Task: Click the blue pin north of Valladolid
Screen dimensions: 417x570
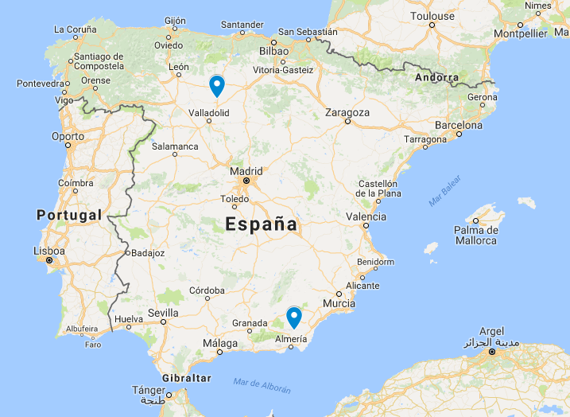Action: tap(216, 85)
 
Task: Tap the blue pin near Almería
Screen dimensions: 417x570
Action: tap(294, 317)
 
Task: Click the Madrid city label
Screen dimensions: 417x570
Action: tap(246, 171)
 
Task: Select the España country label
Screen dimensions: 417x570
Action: tap(261, 224)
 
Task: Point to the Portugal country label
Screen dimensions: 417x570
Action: tap(69, 215)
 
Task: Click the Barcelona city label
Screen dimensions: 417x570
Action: tap(458, 125)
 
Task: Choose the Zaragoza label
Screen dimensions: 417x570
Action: tap(347, 112)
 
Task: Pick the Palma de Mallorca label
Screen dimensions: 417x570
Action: tap(475, 236)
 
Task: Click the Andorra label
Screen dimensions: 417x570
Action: tap(437, 78)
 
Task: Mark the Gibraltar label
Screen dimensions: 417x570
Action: tap(186, 377)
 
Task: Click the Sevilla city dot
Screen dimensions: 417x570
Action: tap(164, 322)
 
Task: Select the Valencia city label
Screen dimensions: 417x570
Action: tap(366, 216)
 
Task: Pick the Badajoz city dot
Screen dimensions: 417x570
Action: tap(126, 253)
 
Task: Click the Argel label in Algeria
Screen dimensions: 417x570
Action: tap(492, 331)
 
